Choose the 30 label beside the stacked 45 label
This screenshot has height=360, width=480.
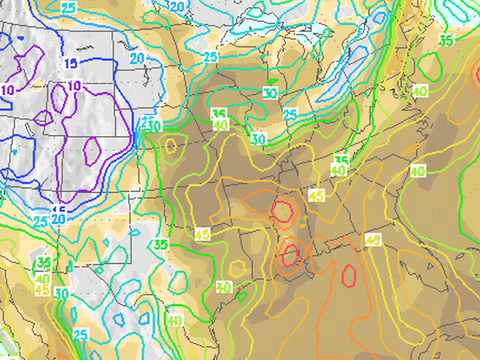coord(62,293)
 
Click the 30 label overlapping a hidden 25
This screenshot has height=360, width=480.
coord(153,125)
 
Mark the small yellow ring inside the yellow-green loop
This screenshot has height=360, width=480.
coord(171,145)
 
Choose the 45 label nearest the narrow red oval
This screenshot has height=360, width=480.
coord(373,239)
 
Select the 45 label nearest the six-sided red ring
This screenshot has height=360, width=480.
coord(316,194)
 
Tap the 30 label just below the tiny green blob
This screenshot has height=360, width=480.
coord(270,93)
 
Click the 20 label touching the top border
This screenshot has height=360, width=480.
coord(177,6)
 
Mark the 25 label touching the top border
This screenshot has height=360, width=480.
coord(69,7)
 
